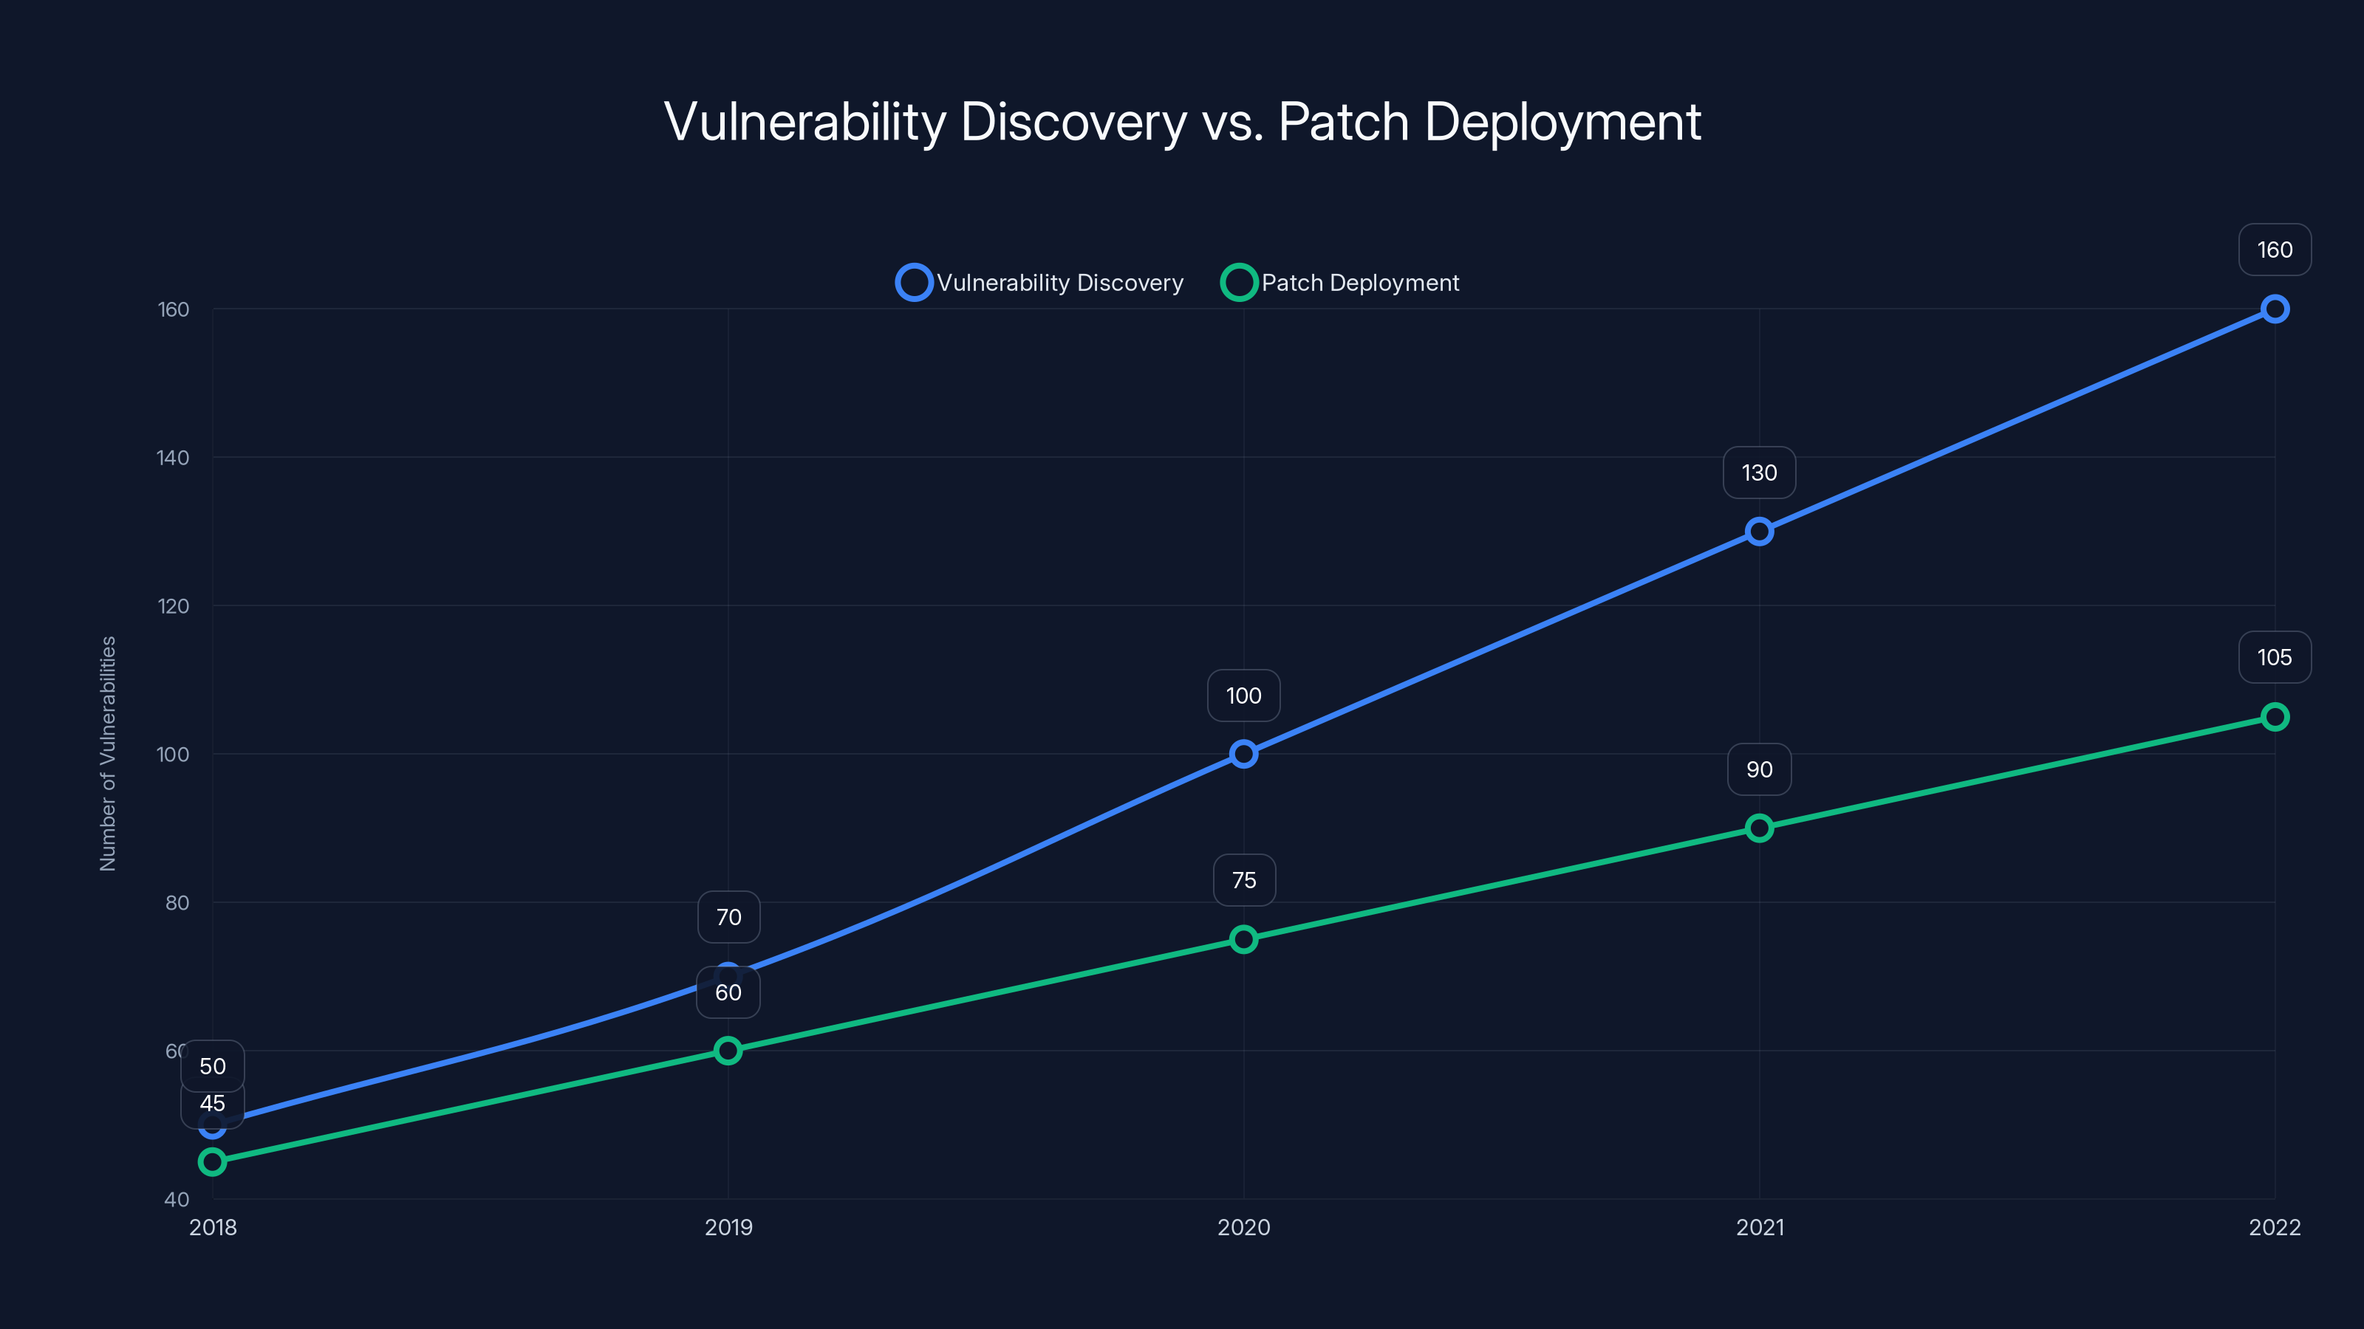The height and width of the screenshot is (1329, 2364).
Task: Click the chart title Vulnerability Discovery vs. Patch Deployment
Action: click(x=1182, y=122)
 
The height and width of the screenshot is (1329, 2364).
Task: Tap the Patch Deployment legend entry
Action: click(x=1341, y=283)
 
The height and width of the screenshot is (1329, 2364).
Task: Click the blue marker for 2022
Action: click(x=2274, y=309)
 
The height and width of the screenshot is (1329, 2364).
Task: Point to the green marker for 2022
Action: click(x=2274, y=716)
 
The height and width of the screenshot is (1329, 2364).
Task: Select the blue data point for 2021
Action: click(x=1758, y=531)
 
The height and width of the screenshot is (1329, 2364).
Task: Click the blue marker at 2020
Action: click(x=1243, y=754)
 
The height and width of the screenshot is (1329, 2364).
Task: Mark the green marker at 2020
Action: click(x=1243, y=939)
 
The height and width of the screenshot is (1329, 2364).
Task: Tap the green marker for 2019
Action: click(x=728, y=1050)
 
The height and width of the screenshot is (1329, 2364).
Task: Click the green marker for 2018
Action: click(x=212, y=1161)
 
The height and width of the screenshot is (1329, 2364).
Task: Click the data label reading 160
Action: click(x=2274, y=250)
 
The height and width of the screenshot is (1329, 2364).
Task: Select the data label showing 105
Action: click(x=2274, y=656)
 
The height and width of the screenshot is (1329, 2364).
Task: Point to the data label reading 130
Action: click(x=1758, y=473)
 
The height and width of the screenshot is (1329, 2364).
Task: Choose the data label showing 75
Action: click(x=1243, y=879)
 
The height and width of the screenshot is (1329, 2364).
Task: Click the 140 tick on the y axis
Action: click(x=173, y=458)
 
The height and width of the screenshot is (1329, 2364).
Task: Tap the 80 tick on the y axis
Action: click(x=177, y=902)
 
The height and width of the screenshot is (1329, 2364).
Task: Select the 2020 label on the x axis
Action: click(x=1243, y=1227)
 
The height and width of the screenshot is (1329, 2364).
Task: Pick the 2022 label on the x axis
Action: click(x=2274, y=1227)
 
